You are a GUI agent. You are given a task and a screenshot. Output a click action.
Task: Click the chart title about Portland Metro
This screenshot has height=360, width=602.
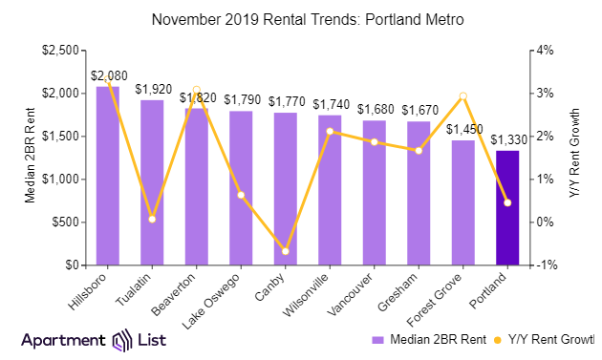(x=301, y=19)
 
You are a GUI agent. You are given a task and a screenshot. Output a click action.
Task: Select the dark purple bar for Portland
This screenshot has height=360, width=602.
(x=507, y=207)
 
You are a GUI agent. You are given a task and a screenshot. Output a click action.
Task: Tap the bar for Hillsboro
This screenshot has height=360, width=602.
(x=108, y=177)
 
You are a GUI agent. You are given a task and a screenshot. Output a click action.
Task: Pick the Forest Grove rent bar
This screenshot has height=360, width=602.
(x=462, y=202)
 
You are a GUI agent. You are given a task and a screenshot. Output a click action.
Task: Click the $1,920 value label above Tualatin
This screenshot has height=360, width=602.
(x=153, y=89)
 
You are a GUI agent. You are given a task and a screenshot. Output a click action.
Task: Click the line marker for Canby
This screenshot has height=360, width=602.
(x=285, y=251)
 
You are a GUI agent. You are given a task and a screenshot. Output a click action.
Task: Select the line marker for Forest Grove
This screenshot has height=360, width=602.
(x=462, y=95)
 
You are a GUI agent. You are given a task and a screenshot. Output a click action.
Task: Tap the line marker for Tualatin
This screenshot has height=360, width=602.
(x=153, y=220)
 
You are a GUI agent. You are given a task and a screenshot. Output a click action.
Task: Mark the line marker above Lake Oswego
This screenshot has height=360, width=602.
(x=241, y=195)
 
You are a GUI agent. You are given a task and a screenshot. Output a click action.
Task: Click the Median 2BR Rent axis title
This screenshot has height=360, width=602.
(x=31, y=158)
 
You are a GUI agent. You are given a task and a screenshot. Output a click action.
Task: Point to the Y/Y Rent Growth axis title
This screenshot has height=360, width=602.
(x=573, y=158)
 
